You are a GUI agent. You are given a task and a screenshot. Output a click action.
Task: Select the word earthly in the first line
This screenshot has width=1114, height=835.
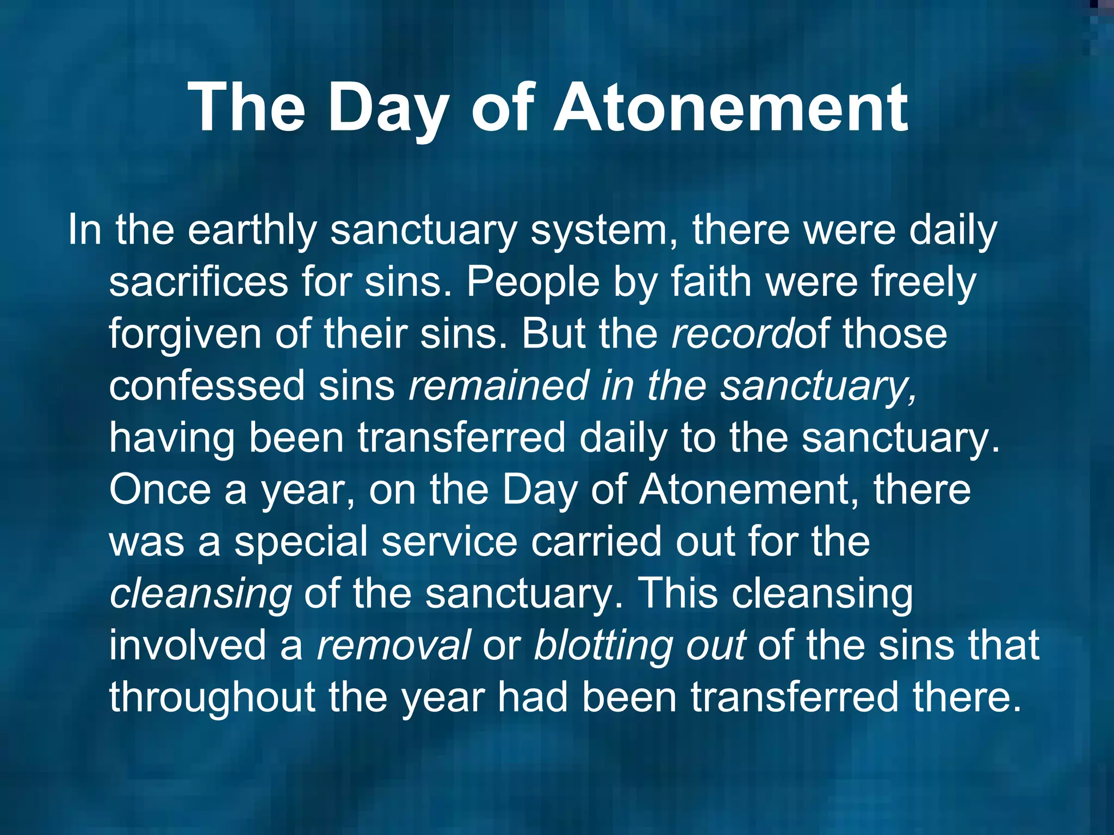pyautogui.click(x=252, y=231)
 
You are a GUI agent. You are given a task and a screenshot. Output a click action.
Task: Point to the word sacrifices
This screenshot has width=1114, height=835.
pyautogui.click(x=199, y=282)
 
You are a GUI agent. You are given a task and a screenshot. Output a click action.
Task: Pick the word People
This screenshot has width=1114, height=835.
pyautogui.click(x=533, y=282)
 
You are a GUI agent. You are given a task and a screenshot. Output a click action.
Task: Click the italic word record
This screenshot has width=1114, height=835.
pyautogui.click(x=732, y=334)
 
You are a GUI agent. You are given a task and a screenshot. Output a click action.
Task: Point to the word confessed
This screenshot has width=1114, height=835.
pyautogui.click(x=207, y=385)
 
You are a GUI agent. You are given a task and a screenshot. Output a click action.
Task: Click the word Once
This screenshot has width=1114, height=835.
pyautogui.click(x=159, y=490)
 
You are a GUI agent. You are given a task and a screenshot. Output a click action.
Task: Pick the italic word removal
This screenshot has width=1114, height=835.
pyautogui.click(x=393, y=645)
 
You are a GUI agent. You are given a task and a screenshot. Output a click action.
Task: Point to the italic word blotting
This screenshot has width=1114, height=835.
pyautogui.click(x=603, y=645)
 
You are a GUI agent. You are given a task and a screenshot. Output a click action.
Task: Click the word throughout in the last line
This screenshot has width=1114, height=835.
pyautogui.click(x=212, y=697)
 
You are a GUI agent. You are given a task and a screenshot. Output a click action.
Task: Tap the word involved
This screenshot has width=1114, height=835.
pyautogui.click(x=188, y=645)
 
